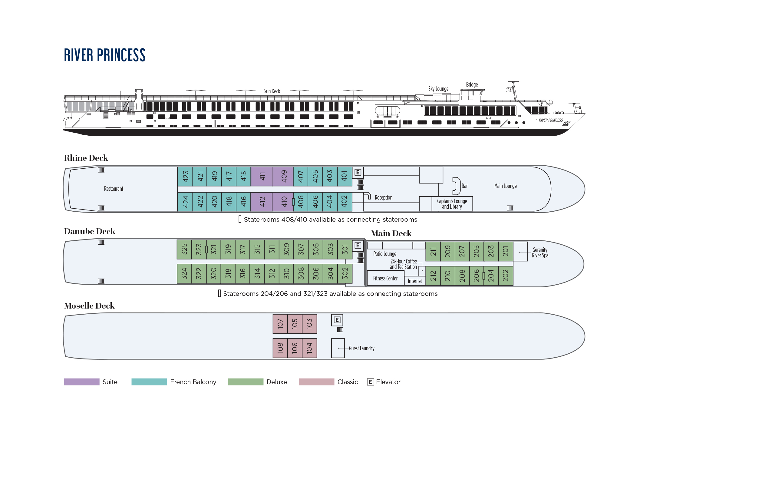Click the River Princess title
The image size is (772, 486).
pos(104,55)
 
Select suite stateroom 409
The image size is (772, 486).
pos(282,176)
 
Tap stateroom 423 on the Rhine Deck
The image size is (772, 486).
pos(185,176)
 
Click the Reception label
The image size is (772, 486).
pos(384,197)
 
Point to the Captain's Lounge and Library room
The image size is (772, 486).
pos(452,203)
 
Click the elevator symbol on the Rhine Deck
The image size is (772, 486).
pos(358,173)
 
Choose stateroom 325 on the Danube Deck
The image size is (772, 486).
pos(184,250)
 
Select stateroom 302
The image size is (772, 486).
pos(345,273)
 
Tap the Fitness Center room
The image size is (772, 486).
pos(385,278)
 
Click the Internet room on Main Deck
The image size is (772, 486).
pos(415,281)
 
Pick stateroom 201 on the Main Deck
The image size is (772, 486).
pos(506,251)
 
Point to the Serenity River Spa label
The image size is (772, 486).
pos(540,253)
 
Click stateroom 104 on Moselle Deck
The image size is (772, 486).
pos(309,348)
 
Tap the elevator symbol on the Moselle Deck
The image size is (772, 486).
pos(337,320)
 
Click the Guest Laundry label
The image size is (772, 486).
pos(362,348)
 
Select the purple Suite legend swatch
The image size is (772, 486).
pos(82,382)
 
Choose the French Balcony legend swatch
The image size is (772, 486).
pos(149,382)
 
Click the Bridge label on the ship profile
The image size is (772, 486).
pos(472,84)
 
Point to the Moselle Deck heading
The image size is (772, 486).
pos(89,306)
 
